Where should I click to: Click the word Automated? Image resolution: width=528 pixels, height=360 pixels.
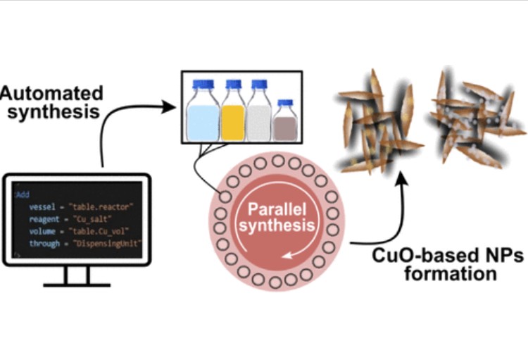[52, 93]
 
